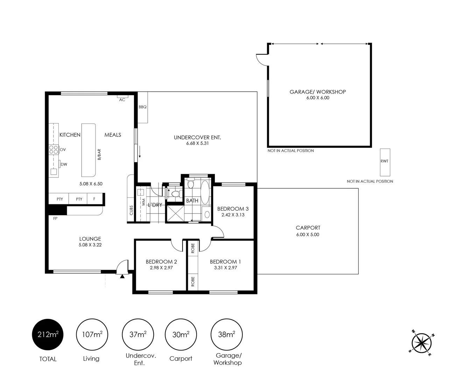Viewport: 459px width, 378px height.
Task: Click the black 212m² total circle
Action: coord(48,335)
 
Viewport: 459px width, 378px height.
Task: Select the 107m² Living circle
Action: coord(92,335)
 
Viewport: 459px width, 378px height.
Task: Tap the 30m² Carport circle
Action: coord(181,335)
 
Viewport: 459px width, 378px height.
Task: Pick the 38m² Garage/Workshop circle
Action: coord(226,335)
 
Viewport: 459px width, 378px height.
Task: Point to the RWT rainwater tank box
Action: coord(385,162)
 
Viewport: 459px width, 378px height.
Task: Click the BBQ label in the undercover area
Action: coord(142,107)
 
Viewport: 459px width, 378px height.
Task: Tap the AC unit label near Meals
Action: coord(122,100)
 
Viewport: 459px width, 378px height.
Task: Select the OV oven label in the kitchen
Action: coord(63,149)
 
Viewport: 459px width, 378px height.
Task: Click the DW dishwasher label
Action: coord(64,164)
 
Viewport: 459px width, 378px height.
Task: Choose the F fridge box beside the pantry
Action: coord(94,199)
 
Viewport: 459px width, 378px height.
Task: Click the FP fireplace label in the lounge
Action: coord(55,218)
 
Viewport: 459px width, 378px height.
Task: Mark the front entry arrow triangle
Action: coord(122,276)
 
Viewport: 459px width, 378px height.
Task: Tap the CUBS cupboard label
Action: coord(131,210)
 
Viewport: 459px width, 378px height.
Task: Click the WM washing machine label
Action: coord(143,202)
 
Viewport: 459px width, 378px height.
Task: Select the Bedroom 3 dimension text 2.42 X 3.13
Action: coord(233,215)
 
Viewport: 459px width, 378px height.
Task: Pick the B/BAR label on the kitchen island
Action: coord(99,154)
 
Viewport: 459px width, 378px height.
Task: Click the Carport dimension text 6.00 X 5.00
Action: coord(308,234)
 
